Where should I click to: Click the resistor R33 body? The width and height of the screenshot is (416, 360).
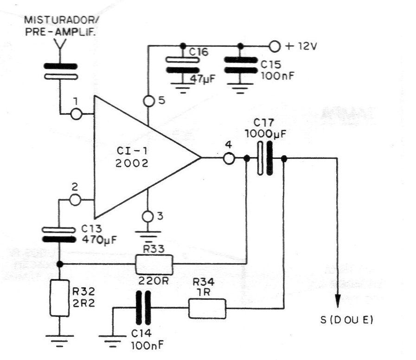(154, 265)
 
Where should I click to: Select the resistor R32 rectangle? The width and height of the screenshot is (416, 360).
(60, 298)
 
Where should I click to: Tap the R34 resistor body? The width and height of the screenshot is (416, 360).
(207, 309)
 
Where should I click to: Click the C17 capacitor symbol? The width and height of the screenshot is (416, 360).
(265, 158)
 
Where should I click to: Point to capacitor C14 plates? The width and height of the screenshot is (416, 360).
(143, 308)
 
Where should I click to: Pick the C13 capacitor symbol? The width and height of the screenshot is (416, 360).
(59, 234)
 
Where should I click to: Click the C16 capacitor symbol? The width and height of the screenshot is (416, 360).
(182, 65)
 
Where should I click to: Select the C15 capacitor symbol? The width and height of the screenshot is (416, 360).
(241, 65)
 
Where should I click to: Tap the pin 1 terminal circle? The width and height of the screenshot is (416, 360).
(77, 114)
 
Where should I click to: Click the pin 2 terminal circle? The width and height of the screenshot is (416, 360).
(75, 200)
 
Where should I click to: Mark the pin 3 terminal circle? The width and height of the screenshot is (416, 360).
(147, 216)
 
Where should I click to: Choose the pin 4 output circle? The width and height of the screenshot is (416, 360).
(229, 158)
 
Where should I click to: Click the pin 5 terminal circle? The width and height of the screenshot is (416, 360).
(148, 101)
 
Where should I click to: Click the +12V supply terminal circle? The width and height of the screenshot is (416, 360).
(275, 46)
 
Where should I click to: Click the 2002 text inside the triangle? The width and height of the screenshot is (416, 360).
(132, 163)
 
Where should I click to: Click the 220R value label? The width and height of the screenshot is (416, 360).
(154, 281)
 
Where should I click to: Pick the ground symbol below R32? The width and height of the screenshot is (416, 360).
(59, 341)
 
